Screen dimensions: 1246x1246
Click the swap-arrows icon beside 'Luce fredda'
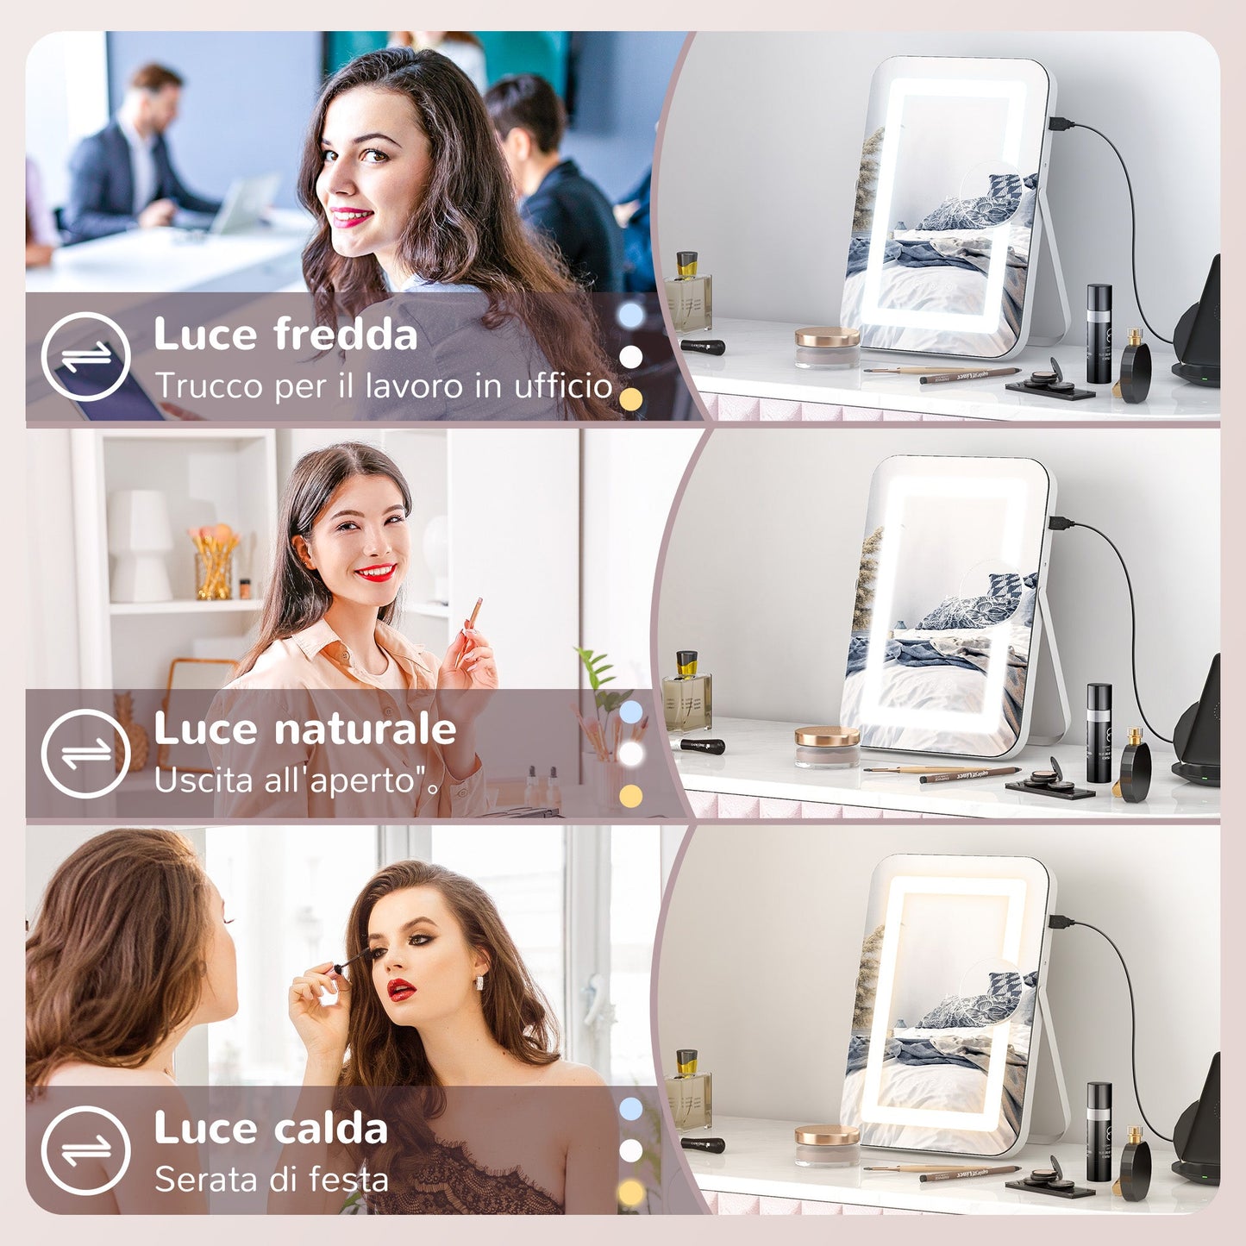85,357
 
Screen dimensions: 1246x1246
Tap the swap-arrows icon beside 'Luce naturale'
85,754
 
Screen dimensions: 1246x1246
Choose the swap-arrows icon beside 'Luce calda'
85,1150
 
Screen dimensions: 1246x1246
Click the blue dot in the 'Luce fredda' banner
631,316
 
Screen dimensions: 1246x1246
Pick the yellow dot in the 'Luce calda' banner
631,1193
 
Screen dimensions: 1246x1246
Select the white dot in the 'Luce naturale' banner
631,754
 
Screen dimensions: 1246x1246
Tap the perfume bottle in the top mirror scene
687,293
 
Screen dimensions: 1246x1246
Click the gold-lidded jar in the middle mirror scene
827,745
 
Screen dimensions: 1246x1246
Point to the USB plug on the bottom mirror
1061,922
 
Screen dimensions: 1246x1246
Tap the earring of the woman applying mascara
479,983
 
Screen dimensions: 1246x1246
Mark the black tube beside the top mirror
1099,334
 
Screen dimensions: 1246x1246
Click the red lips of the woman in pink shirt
375,572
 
